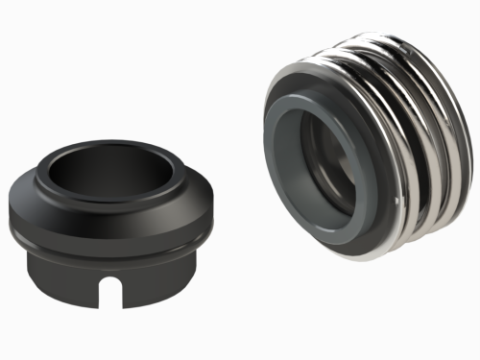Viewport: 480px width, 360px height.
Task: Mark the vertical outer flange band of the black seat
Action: (x=58, y=227)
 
